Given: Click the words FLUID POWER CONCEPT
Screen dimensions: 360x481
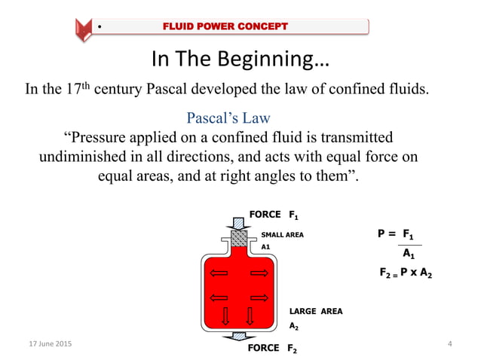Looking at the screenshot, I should (225, 27).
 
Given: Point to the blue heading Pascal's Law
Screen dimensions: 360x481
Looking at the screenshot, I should (228, 118).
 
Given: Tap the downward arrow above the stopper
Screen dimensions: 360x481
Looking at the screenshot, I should (238, 221).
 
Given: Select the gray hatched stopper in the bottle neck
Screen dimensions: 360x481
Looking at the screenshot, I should (238, 238).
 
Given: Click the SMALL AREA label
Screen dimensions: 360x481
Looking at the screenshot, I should (282, 235).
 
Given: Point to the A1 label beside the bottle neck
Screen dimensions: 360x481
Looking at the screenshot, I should (265, 246).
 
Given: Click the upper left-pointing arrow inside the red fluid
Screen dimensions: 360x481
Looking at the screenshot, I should (219, 272).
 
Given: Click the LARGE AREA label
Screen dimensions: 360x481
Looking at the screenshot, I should (315, 311).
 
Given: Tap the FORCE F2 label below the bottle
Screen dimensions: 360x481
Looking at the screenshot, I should (272, 348).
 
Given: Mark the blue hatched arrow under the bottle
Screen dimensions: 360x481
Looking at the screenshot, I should (238, 337).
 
